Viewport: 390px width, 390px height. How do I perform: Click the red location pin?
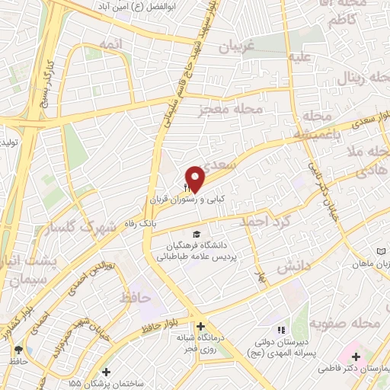195,178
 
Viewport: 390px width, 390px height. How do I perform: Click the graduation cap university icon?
197,234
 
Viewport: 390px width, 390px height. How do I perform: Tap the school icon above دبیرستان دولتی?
280,330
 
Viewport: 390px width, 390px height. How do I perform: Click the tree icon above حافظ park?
18,350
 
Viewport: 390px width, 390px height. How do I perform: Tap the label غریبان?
225,46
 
